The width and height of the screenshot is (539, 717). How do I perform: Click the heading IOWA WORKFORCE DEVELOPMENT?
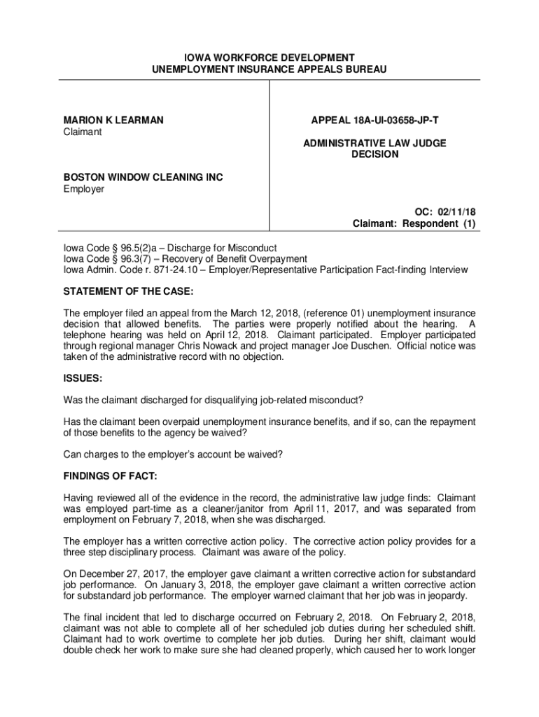click(269, 57)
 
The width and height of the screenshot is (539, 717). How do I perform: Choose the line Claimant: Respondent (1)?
click(414, 224)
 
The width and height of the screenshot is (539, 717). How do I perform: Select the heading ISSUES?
click(83, 378)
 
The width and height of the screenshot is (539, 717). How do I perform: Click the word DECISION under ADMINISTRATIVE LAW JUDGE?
click(374, 154)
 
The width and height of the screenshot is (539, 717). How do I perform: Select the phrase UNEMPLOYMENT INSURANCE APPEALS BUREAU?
click(269, 69)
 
